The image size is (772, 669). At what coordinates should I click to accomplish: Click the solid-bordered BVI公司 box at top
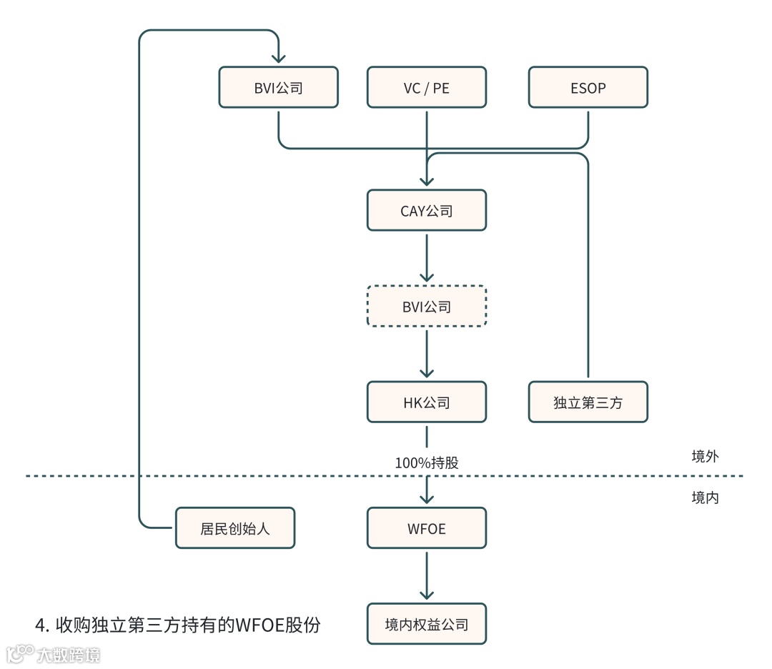[278, 88]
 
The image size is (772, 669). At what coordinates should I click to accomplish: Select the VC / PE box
[427, 88]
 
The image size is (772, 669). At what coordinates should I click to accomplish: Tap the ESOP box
[588, 88]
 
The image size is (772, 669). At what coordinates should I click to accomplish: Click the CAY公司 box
[427, 211]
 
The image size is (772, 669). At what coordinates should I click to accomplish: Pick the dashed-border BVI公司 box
[427, 307]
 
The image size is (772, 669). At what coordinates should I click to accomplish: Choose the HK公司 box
[427, 402]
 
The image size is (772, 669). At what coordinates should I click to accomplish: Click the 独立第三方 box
[588, 402]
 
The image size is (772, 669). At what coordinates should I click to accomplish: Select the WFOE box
[427, 528]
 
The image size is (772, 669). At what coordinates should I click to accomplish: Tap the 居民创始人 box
[234, 528]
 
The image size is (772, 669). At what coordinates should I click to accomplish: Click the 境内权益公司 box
[427, 625]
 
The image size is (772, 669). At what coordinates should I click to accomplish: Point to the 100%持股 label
[427, 462]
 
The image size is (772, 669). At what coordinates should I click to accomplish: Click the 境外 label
[705, 456]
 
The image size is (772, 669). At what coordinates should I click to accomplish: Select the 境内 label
[705, 497]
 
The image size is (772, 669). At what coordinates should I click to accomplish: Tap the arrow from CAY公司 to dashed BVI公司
[427, 257]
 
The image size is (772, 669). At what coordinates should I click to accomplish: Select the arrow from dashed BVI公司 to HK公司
[427, 353]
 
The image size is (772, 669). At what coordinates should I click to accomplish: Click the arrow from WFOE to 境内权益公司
[427, 575]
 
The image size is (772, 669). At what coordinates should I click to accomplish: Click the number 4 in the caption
[40, 625]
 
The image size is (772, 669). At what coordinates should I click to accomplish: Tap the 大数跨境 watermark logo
[53, 653]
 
